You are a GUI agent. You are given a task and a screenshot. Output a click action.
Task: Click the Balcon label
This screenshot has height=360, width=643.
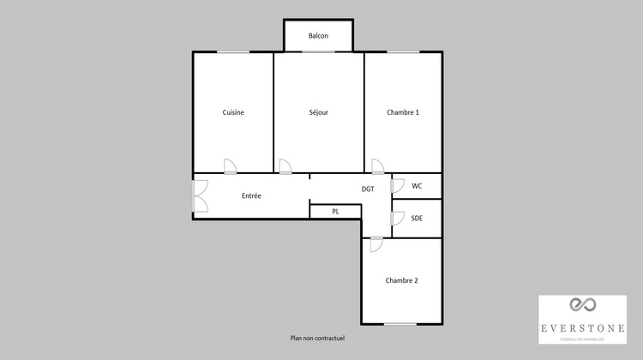(x=319, y=36)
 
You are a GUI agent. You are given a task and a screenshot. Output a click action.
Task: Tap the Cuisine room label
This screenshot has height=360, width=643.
(x=233, y=112)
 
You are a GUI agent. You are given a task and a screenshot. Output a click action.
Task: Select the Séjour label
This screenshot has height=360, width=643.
(x=319, y=112)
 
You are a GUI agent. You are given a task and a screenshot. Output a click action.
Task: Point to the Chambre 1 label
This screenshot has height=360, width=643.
(x=403, y=112)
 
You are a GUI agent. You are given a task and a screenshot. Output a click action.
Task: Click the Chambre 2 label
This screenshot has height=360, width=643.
(x=402, y=280)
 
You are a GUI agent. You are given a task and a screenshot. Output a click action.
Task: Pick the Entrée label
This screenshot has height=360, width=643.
(x=251, y=195)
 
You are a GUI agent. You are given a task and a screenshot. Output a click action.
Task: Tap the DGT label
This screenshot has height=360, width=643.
(x=368, y=189)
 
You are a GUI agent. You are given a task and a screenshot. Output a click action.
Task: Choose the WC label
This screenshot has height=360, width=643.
(x=417, y=185)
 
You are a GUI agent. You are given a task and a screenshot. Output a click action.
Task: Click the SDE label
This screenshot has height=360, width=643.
(x=417, y=218)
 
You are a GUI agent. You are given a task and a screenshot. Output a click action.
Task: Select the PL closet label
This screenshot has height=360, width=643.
(x=335, y=211)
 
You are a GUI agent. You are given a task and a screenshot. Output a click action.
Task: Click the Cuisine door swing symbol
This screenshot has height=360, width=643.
(x=230, y=166)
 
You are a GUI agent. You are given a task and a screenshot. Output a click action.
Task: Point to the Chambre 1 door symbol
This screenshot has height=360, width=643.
(x=378, y=166)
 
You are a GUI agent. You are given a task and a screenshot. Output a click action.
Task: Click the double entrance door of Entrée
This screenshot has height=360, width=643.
(x=201, y=195)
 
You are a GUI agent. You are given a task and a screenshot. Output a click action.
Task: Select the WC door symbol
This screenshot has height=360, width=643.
(x=398, y=185)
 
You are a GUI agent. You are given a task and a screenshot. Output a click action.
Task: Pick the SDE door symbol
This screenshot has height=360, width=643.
(x=398, y=218)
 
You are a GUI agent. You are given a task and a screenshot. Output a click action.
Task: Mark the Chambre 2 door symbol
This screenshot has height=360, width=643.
(x=376, y=244)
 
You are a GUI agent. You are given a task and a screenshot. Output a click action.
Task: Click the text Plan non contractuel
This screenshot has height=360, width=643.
(x=317, y=338)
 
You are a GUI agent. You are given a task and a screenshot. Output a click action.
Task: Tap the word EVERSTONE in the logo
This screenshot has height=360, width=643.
(x=582, y=327)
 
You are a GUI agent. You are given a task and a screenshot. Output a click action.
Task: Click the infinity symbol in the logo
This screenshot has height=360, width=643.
(x=582, y=306)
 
